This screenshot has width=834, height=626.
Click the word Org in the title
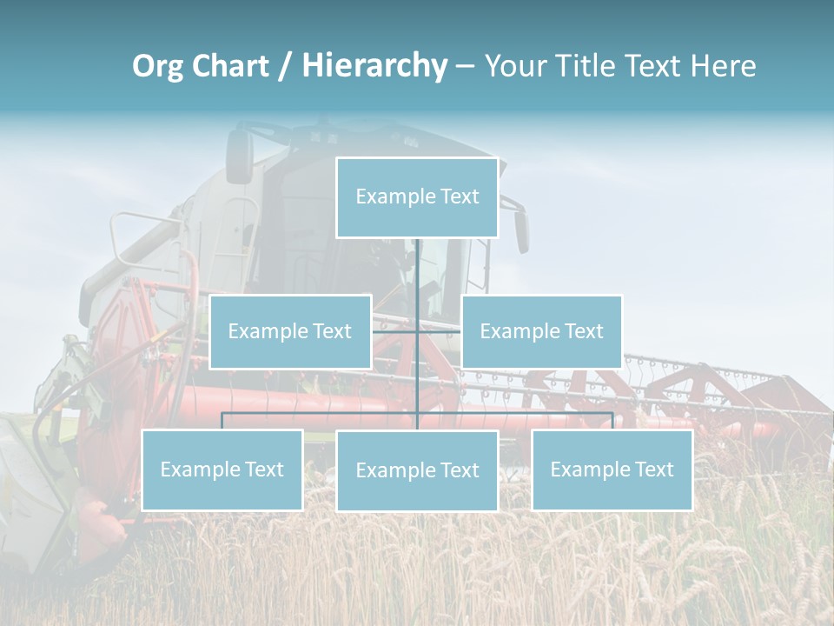pos(156,66)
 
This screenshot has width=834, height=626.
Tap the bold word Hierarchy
pos(374,66)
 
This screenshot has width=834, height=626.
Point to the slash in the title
pos(284,66)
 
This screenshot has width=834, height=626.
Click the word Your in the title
pos(513,66)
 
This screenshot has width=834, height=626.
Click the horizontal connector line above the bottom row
pos(321,414)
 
